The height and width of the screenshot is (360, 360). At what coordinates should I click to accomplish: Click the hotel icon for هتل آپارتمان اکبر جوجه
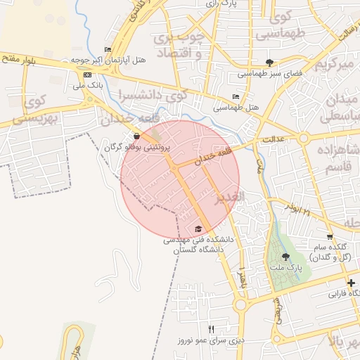(107, 49)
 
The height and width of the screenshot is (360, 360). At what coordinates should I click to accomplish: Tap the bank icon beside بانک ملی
(86, 75)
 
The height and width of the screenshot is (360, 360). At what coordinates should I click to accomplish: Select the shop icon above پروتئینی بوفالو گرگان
(136, 136)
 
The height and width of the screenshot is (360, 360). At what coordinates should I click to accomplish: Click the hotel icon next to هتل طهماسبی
(236, 96)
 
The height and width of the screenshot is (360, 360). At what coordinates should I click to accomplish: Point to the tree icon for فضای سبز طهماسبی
(270, 63)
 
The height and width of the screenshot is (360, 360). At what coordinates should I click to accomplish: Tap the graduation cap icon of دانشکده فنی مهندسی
(198, 229)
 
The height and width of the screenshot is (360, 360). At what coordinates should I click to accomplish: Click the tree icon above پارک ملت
(285, 257)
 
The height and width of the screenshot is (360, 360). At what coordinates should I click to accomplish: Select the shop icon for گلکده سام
(330, 236)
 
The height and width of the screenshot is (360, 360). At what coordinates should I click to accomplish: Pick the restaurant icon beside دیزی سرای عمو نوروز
(210, 329)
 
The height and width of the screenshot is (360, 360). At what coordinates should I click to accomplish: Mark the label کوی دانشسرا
(153, 94)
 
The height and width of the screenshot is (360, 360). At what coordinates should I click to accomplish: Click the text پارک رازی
(220, 4)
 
